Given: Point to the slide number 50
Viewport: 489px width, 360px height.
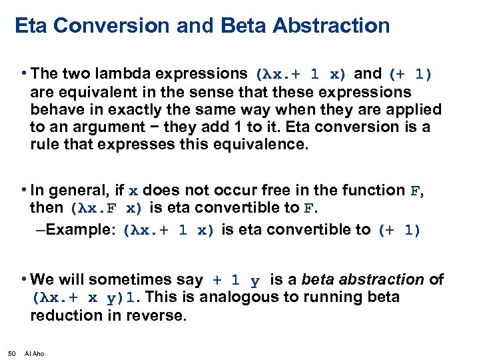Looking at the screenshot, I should pyautogui.click(x=11, y=353).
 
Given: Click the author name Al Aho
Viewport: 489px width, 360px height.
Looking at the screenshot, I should pyautogui.click(x=34, y=353).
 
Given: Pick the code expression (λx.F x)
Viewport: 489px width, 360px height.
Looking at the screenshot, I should pyautogui.click(x=106, y=208).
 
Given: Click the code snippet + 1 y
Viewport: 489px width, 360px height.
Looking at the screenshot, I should pyautogui.click(x=237, y=281).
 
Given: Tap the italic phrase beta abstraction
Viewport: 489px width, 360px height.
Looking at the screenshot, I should pyautogui.click(x=362, y=280).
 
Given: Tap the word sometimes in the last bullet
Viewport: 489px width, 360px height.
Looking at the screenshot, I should pyautogui.click(x=167, y=280).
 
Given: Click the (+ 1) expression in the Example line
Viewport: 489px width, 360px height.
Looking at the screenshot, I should pyautogui.click(x=399, y=231).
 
